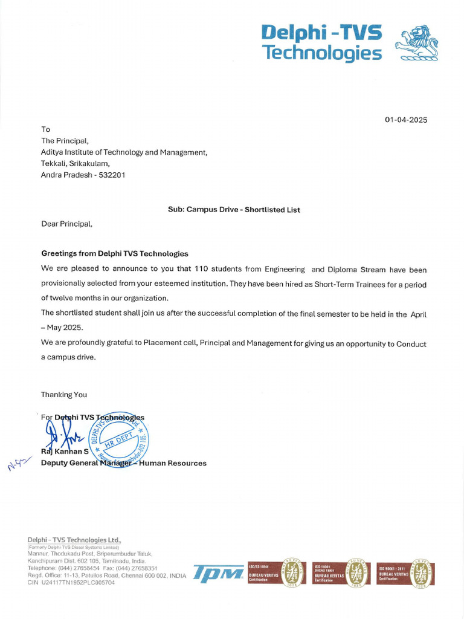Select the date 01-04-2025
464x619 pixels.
[x=406, y=120]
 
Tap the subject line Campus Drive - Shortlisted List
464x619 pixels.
[x=234, y=210]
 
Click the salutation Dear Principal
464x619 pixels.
[x=67, y=224]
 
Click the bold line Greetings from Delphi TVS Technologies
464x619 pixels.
[x=115, y=253]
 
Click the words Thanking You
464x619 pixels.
[x=64, y=395]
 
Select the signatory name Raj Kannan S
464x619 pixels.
[x=65, y=452]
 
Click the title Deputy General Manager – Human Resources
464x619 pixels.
[x=123, y=463]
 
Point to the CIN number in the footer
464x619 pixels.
[x=73, y=583]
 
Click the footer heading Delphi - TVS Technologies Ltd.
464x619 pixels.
[x=74, y=540]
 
